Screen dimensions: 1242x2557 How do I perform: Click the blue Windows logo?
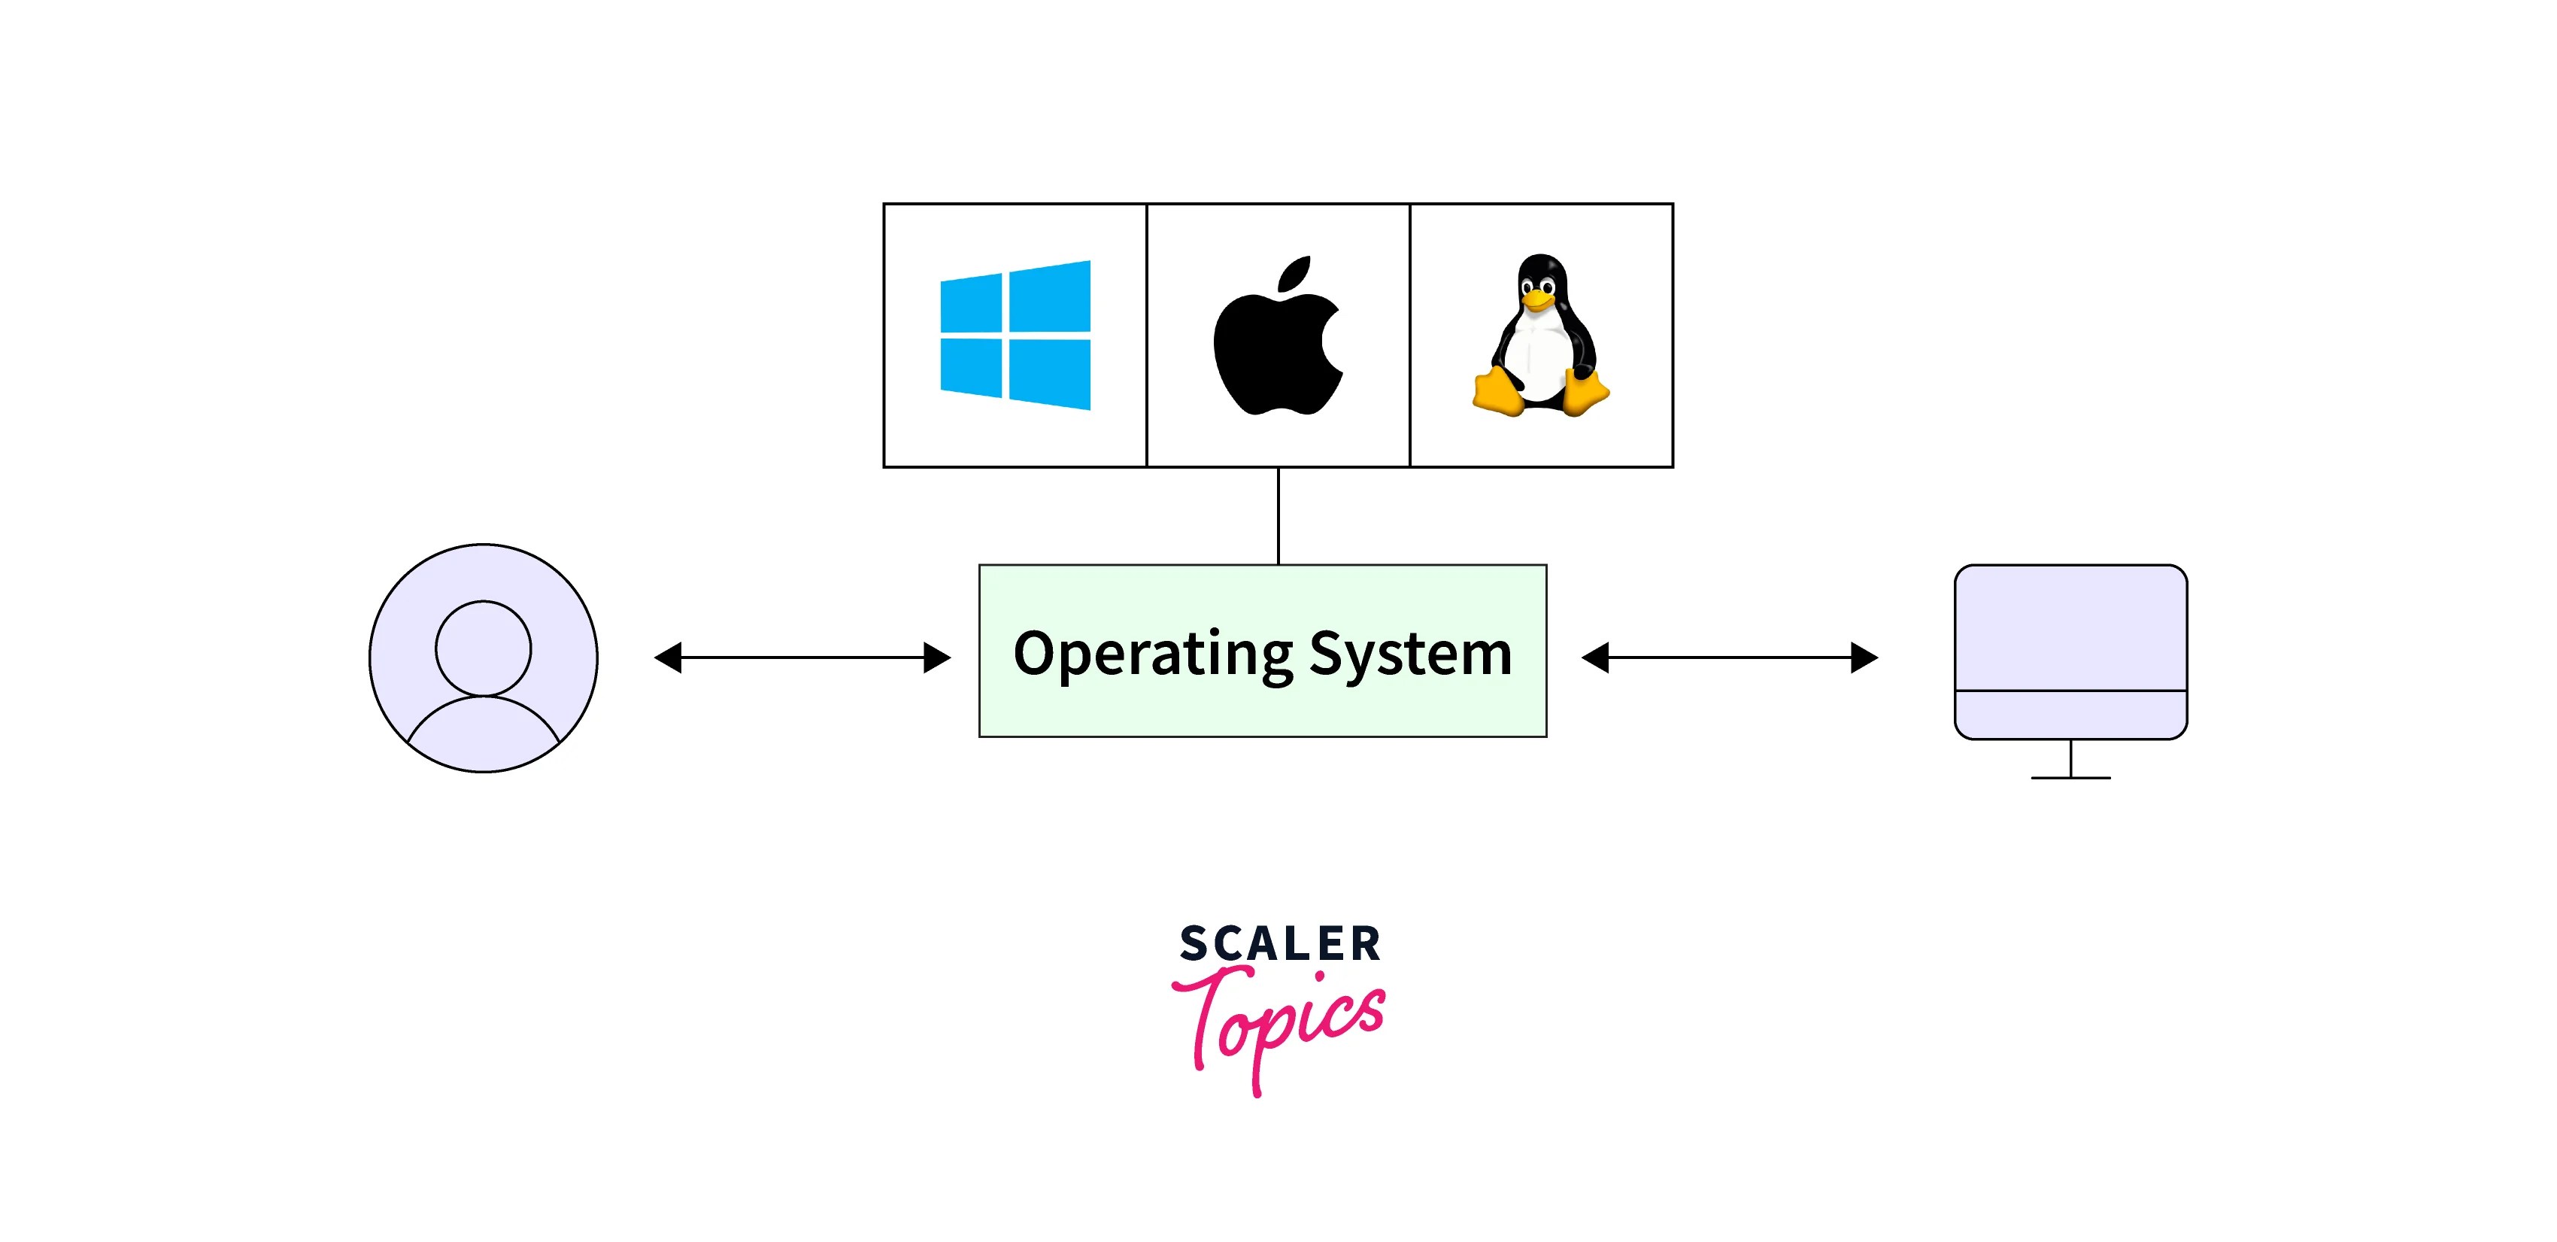click(x=1015, y=336)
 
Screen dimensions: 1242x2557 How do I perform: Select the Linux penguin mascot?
click(x=1540, y=338)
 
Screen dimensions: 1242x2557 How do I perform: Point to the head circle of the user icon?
click(x=484, y=647)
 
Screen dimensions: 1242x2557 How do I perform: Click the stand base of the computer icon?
click(x=2070, y=777)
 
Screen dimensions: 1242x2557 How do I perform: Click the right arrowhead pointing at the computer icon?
click(x=1863, y=657)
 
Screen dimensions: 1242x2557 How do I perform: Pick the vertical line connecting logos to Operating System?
click(x=1278, y=516)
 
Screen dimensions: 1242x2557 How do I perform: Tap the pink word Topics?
click(x=1281, y=1022)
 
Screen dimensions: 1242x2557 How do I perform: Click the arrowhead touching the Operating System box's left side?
click(x=936, y=657)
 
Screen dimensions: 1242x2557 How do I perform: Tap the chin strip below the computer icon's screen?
click(x=2070, y=715)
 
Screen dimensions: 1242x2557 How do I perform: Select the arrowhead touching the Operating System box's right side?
click(x=1595, y=657)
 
